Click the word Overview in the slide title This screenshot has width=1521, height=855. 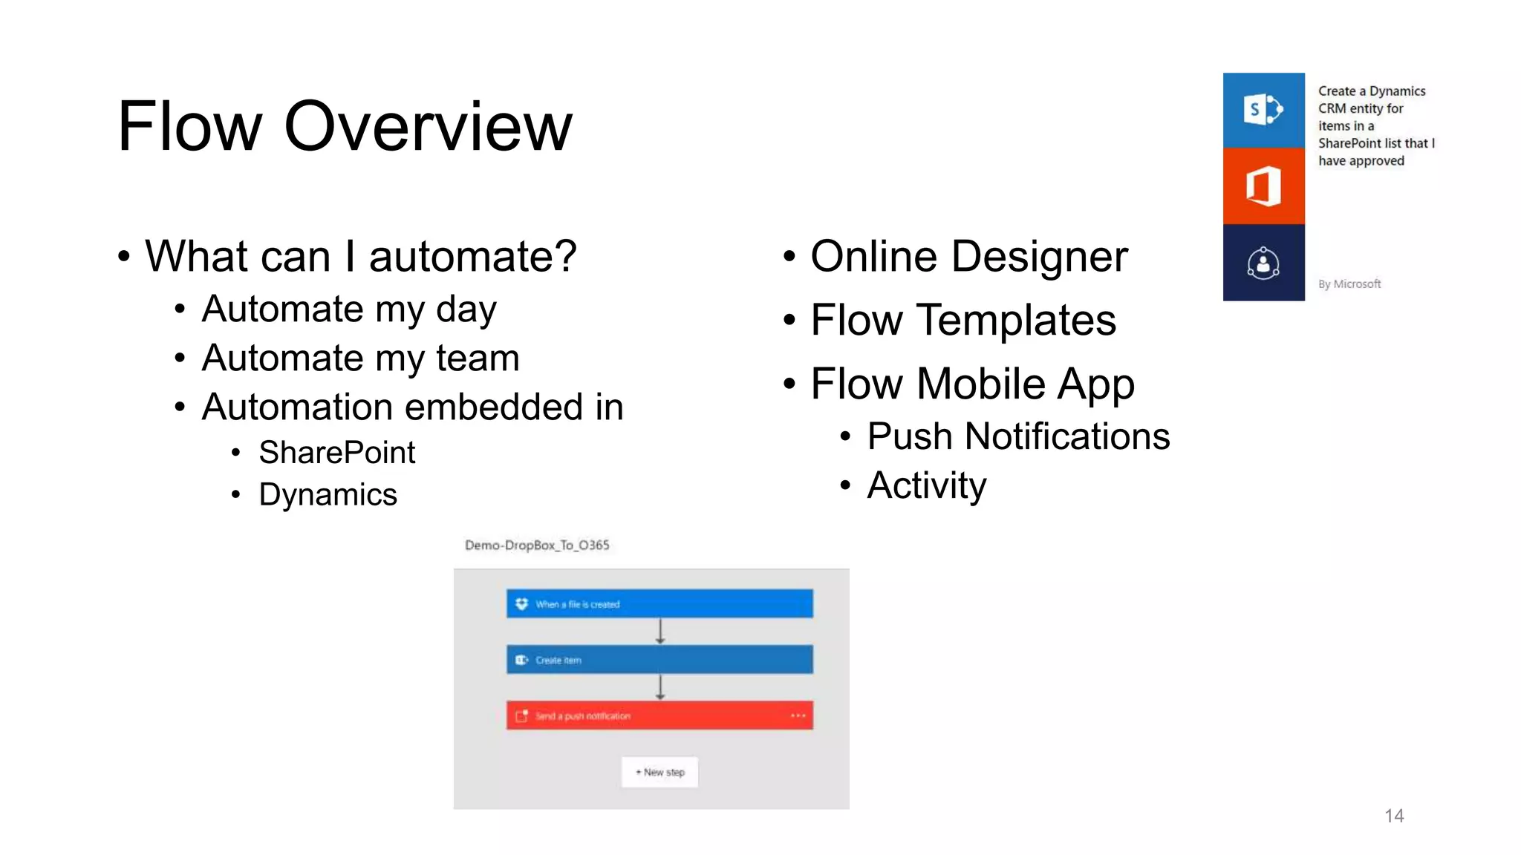pos(428,126)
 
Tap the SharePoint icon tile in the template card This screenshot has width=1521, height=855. pos(1263,110)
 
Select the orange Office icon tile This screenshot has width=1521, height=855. pos(1263,186)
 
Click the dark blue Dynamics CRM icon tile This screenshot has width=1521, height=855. pos(1263,263)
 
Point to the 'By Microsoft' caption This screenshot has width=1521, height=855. pos(1349,284)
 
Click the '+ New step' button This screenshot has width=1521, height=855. pos(659,772)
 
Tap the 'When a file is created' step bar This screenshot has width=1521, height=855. pos(659,603)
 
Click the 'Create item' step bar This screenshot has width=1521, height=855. pos(659,659)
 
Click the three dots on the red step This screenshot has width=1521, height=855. pos(798,715)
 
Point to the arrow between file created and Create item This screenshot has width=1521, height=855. pos(659,631)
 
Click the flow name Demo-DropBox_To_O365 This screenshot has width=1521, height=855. pos(536,546)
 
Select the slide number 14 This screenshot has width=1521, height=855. pos(1393,816)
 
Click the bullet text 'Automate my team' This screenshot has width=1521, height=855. pos(360,358)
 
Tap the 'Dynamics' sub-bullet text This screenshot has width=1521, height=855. pos(328,494)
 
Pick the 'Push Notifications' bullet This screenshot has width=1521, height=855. pos(1017,436)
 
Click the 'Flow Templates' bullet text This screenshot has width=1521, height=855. pos(963,320)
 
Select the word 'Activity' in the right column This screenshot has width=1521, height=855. pos(926,485)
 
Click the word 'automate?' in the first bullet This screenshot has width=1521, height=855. pos(472,257)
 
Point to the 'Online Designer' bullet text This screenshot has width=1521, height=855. pos(968,257)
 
